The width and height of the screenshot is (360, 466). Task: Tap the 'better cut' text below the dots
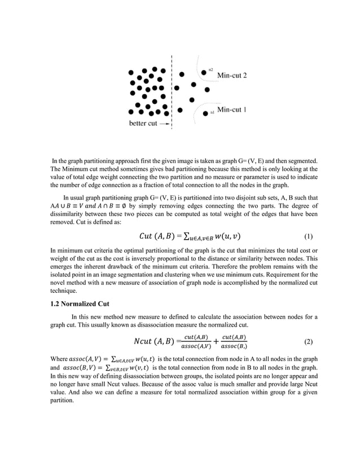(143, 123)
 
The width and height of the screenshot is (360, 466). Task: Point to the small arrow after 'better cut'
(164, 123)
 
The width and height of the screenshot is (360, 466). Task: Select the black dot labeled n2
(204, 72)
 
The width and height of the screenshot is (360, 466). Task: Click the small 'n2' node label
(210, 69)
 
